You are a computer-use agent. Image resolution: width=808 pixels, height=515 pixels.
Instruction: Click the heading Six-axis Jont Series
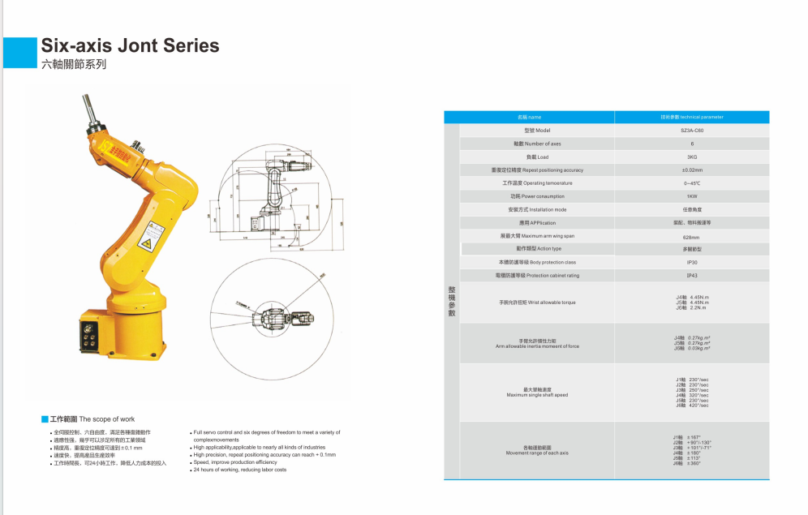coord(130,45)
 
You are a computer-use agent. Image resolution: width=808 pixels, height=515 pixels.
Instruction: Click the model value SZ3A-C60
coord(692,131)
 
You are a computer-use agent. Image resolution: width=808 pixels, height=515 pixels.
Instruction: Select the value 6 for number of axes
coord(692,144)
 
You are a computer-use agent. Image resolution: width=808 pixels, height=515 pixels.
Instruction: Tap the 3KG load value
coord(692,157)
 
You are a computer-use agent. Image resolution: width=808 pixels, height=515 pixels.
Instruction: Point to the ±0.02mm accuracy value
coord(692,170)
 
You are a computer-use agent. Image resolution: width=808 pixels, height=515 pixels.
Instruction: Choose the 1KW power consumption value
coord(692,196)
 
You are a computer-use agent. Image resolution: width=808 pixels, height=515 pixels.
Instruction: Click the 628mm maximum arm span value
coord(692,236)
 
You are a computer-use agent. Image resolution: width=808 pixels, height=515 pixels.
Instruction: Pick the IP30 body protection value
coord(692,263)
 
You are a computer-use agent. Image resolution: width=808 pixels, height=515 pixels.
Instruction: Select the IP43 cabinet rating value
coord(692,276)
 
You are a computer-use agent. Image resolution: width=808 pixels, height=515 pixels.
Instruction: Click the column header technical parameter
coord(692,118)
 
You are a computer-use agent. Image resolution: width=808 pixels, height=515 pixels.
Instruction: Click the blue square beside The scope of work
coord(45,419)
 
